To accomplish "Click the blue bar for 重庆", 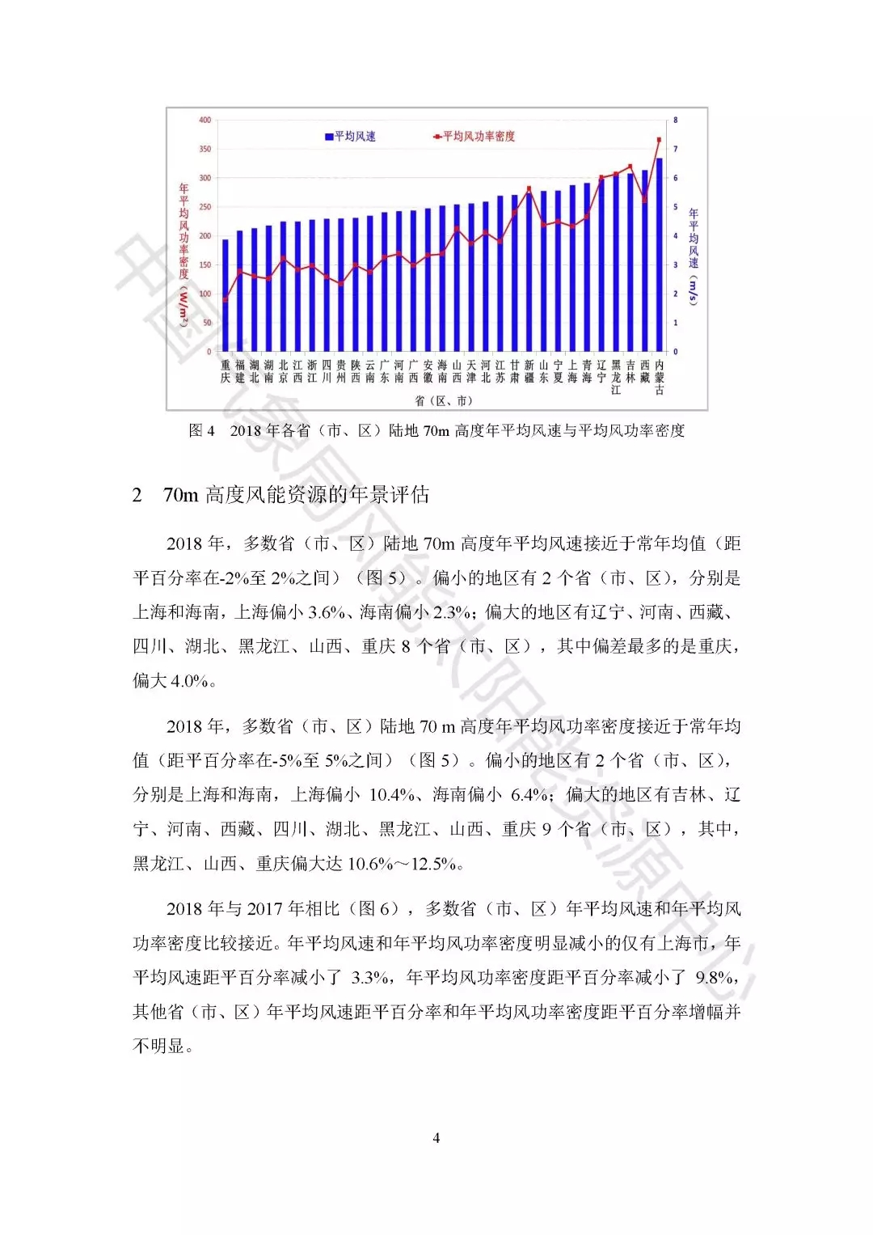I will click(x=226, y=295).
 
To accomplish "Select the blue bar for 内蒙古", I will click(x=660, y=255).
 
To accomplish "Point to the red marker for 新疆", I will click(x=529, y=188).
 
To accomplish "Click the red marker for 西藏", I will click(x=645, y=199).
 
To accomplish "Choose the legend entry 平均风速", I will click(x=351, y=137).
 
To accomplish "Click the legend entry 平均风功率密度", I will click(x=475, y=137).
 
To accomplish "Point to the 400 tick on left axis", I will click(x=205, y=120).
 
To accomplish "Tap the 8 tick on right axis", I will click(x=676, y=120).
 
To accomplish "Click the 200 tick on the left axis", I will click(x=205, y=236).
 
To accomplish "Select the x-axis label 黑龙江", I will click(x=616, y=378).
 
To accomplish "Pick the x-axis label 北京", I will click(x=283, y=372).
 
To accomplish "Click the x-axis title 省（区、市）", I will click(x=443, y=401).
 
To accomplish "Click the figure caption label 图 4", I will click(x=201, y=430).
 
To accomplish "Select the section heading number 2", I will click(x=137, y=495).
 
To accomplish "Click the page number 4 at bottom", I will click(x=436, y=1138).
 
